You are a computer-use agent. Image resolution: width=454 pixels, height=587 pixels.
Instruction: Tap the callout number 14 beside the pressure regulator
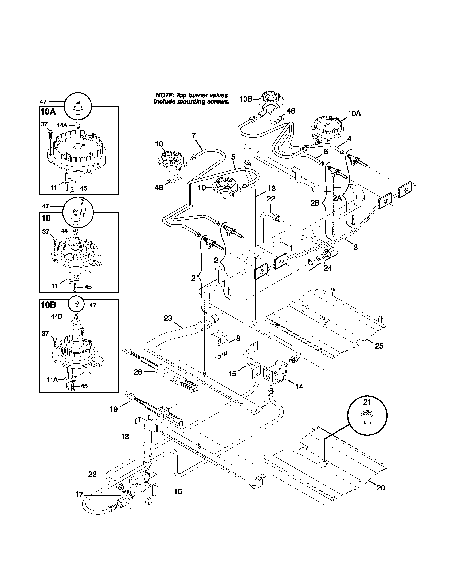pyautogui.click(x=299, y=387)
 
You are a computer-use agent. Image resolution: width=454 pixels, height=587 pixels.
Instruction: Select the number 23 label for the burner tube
pyautogui.click(x=168, y=319)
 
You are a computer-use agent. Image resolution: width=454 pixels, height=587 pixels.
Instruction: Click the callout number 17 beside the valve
pyautogui.click(x=79, y=495)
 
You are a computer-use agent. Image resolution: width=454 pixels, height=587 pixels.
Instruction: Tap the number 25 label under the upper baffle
pyautogui.click(x=379, y=346)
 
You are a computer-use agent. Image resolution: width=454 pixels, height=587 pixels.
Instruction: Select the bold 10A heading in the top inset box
pyautogui.click(x=48, y=112)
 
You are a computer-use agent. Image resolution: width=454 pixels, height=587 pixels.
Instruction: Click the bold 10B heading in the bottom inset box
pyautogui.click(x=48, y=305)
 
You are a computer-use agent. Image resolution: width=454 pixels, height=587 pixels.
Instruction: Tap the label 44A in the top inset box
pyautogui.click(x=62, y=125)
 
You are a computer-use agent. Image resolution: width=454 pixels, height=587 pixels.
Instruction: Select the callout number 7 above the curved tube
pyautogui.click(x=194, y=136)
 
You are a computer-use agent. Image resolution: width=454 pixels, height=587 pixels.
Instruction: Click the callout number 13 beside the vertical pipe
pyautogui.click(x=272, y=188)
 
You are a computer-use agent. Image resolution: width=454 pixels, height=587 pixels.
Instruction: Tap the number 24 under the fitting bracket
pyautogui.click(x=328, y=268)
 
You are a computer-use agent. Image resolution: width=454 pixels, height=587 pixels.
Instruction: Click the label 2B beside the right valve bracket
pyautogui.click(x=315, y=203)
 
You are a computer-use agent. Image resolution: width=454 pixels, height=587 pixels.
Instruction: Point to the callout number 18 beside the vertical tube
pyautogui.click(x=125, y=437)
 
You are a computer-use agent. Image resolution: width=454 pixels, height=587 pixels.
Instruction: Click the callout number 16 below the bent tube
pyautogui.click(x=178, y=491)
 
